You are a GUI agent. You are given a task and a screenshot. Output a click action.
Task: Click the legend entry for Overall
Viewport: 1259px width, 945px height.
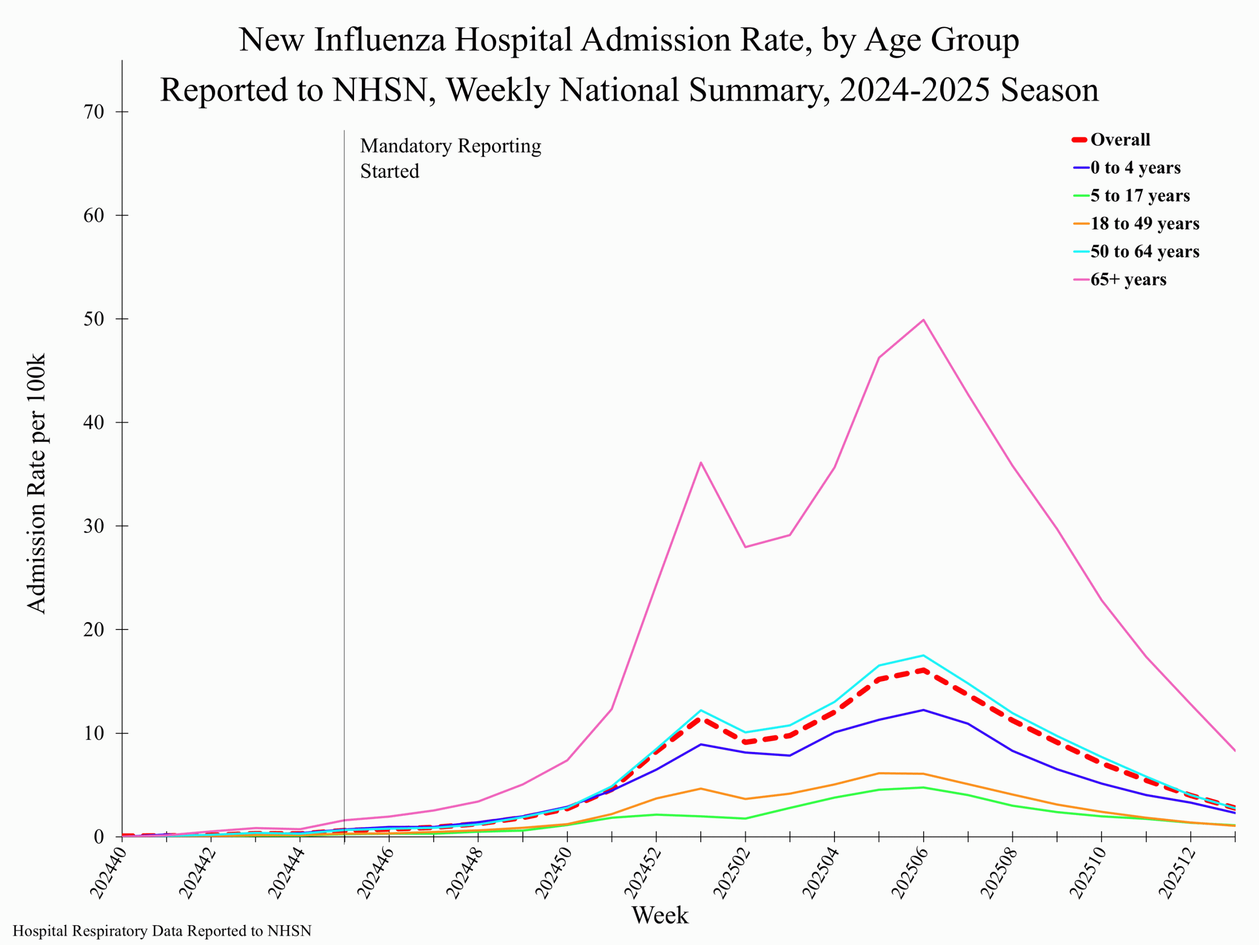[x=1119, y=140]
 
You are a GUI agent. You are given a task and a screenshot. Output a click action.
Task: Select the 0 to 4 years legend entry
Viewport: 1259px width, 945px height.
[x=1135, y=167]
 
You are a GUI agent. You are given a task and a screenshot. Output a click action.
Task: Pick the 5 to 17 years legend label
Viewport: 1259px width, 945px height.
[x=1139, y=195]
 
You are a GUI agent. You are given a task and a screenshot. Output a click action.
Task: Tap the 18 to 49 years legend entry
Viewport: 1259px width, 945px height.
[x=1144, y=223]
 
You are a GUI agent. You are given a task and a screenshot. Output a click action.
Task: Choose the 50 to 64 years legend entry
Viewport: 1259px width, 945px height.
[x=1144, y=251]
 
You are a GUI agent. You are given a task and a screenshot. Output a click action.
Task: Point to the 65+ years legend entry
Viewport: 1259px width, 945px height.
[x=1128, y=279]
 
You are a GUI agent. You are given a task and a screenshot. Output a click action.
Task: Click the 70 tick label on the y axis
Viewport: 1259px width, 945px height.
[x=94, y=112]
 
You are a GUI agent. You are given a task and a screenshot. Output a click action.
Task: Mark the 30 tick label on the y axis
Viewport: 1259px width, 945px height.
[x=94, y=526]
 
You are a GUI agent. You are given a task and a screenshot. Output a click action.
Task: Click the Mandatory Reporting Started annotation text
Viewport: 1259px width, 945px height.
[x=450, y=158]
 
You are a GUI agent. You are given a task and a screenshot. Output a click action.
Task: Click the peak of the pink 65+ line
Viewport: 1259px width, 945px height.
[x=923, y=319]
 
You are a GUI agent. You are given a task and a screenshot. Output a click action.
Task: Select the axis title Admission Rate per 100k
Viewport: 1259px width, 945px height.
[x=36, y=484]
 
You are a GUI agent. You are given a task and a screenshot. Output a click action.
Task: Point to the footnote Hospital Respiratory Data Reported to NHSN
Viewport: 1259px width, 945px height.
[x=162, y=931]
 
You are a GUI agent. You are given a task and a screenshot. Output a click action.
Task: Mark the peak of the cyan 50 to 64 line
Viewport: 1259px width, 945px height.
[x=923, y=655]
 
